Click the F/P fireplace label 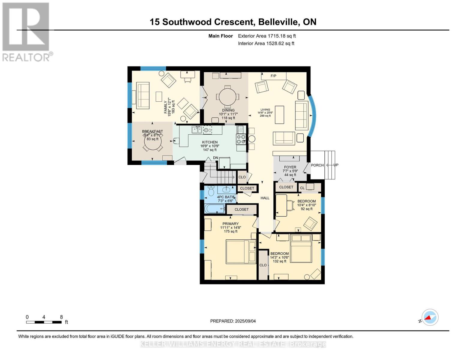click(x=273, y=76)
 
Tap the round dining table click(x=227, y=97)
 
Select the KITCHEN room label click(x=210, y=142)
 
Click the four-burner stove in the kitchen click(x=241, y=139)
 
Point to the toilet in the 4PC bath click(x=211, y=191)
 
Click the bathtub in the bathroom click(x=215, y=208)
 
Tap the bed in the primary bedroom click(x=241, y=252)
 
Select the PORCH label click(x=317, y=165)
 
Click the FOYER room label click(x=290, y=167)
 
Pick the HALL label click(x=265, y=198)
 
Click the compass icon click(x=430, y=317)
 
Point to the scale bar click(x=44, y=322)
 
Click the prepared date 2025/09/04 click(x=245, y=321)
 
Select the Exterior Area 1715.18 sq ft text click(x=267, y=36)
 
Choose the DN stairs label click(x=215, y=158)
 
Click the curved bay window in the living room click(x=313, y=116)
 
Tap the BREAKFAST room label click(x=152, y=131)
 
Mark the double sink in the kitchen click(x=197, y=130)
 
